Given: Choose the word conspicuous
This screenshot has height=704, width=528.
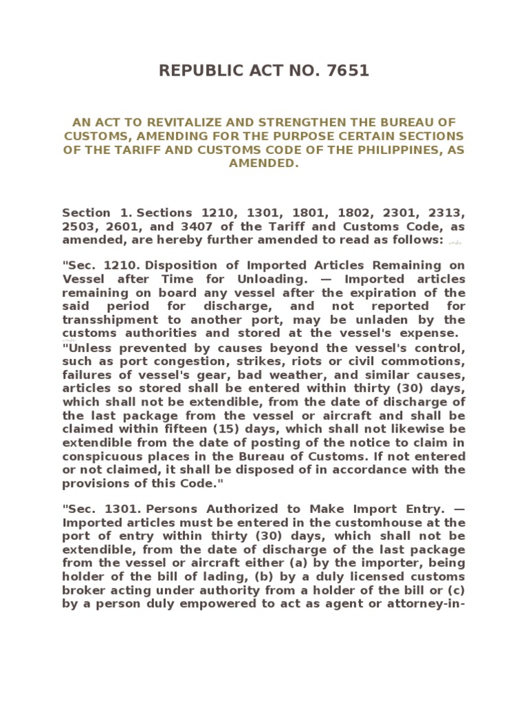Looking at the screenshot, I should [x=105, y=456].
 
